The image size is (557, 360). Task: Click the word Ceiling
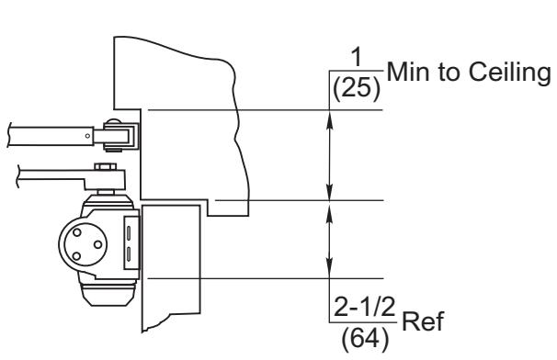pyautogui.click(x=509, y=73)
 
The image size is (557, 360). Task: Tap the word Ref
pyautogui.click(x=423, y=321)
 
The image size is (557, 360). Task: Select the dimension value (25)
pyautogui.click(x=357, y=87)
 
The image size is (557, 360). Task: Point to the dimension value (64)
pyautogui.click(x=365, y=338)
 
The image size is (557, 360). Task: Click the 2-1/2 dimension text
pyautogui.click(x=365, y=307)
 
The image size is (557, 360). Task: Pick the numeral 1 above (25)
pyautogui.click(x=357, y=57)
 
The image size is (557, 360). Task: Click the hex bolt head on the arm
pyautogui.click(x=106, y=166)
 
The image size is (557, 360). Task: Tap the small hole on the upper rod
pyautogui.click(x=87, y=136)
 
